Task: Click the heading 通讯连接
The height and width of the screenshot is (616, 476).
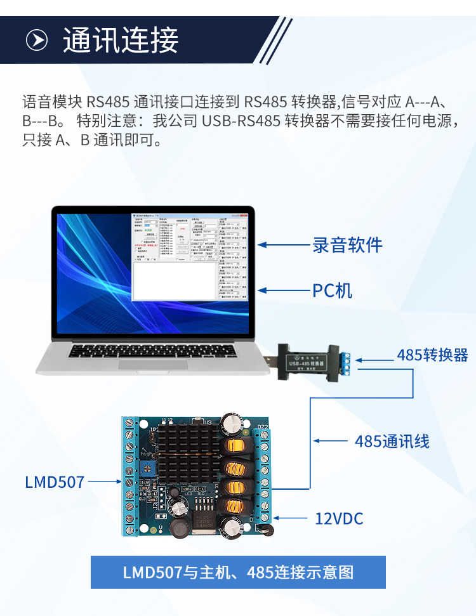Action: (121, 40)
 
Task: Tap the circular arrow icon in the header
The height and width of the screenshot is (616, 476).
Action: (37, 40)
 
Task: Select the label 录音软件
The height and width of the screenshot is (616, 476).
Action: (347, 245)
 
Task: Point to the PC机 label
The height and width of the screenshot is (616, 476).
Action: (332, 291)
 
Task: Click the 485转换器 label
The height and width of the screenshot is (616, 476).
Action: (432, 355)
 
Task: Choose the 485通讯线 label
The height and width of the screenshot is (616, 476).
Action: (392, 441)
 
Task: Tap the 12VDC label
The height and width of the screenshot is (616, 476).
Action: (339, 519)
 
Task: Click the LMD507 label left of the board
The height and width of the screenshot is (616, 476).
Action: (55, 482)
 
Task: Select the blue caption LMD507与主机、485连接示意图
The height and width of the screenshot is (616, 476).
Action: (237, 572)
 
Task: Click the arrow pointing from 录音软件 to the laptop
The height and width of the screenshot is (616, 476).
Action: (281, 245)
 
